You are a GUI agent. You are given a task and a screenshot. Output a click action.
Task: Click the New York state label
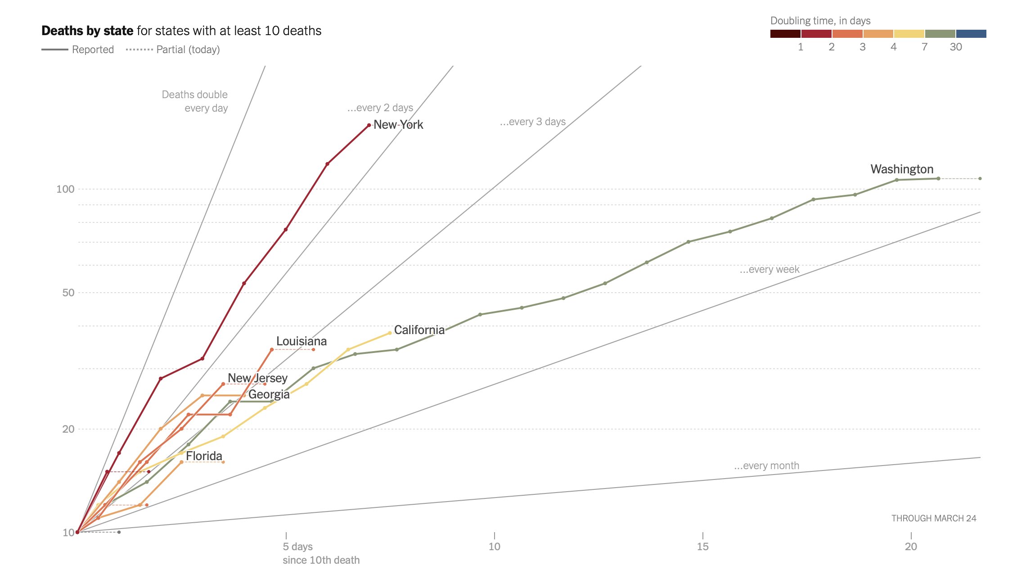398,125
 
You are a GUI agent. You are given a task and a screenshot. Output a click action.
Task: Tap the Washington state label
902,169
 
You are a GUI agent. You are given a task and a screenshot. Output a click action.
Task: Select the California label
419,330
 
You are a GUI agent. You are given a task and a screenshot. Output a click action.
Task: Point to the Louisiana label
301,341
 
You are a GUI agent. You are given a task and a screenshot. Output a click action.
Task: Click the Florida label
204,456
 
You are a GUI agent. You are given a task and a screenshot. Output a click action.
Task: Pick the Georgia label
269,394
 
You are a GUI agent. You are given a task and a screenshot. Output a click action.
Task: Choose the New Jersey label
257,378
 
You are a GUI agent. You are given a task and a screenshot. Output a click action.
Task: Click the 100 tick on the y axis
65,189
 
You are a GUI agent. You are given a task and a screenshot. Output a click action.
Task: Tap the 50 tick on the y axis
68,293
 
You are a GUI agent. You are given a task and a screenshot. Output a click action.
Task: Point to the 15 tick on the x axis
702,547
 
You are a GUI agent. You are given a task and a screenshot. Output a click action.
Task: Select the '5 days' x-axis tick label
297,547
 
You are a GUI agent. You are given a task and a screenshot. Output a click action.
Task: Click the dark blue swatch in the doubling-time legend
971,34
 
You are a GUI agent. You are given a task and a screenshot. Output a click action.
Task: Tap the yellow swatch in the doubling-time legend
909,34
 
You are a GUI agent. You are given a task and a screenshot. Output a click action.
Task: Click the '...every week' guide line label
769,270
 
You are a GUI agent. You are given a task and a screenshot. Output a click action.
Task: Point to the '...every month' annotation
766,466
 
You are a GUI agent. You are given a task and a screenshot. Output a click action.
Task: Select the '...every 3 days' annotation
532,122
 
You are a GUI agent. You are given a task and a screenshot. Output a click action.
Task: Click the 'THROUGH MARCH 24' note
934,518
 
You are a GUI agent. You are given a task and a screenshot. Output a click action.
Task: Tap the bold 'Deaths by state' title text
87,31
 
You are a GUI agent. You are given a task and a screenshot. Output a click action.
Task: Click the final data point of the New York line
369,125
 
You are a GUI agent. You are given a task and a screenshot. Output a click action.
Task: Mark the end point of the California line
390,333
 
